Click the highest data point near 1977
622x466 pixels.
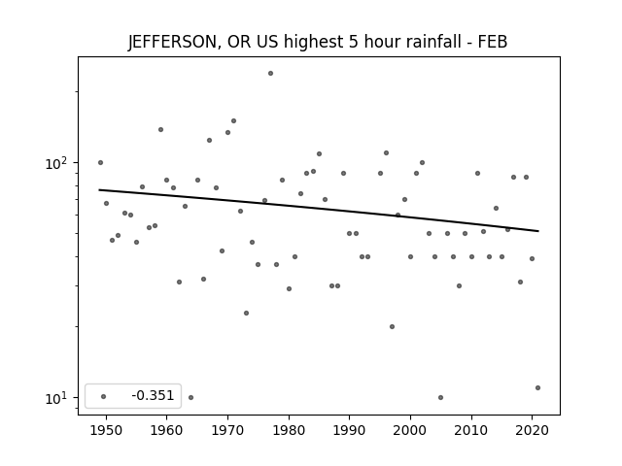click(270, 74)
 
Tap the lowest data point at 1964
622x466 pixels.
click(190, 397)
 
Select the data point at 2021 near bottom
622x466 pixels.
click(537, 388)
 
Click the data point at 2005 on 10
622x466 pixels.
click(440, 397)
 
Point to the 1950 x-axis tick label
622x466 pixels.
click(106, 430)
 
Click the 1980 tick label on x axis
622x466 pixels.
click(289, 430)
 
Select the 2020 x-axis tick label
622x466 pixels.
click(533, 430)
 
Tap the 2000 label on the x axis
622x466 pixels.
click(410, 430)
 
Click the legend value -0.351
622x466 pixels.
click(153, 395)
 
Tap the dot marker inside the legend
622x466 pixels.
click(104, 396)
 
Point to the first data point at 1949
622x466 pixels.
click(100, 162)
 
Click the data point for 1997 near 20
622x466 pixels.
click(392, 327)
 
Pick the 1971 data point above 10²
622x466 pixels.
click(233, 120)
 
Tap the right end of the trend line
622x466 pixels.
click(538, 231)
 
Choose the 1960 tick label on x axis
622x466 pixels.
click(166, 430)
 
